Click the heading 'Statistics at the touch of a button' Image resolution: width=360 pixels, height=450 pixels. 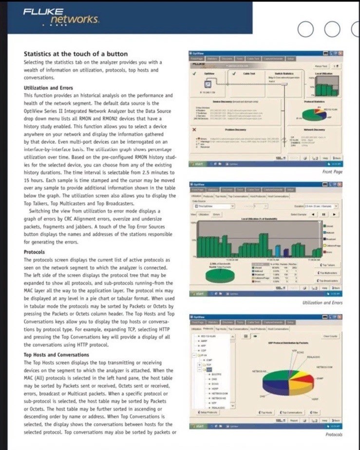coord(76,54)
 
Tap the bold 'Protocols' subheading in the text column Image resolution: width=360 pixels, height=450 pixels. coord(34,252)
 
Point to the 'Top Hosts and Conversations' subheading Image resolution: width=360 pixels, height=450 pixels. coord(57,355)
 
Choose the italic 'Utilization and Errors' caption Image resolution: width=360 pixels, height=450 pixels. coord(323,303)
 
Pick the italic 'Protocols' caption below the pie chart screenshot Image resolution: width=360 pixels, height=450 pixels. coord(334,434)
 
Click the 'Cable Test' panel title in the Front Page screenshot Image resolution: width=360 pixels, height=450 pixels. coord(249,73)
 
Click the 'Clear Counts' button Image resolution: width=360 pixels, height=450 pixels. coord(329,336)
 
